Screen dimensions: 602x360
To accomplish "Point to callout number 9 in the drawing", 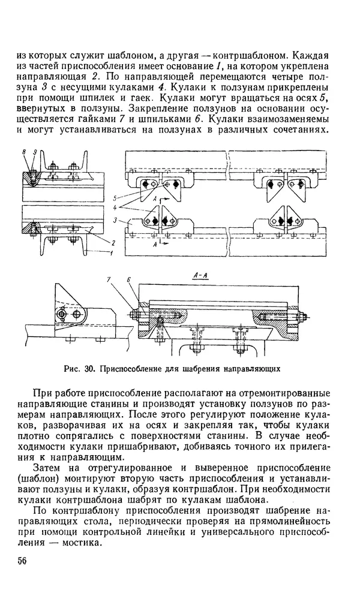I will (35, 154).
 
